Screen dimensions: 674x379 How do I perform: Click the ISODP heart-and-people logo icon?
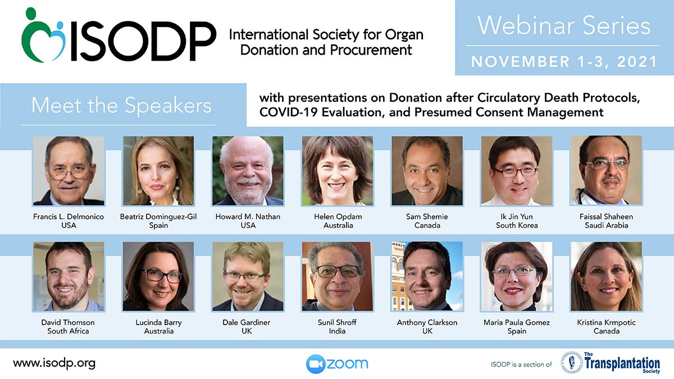44,35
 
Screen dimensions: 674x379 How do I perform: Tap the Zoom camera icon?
316,364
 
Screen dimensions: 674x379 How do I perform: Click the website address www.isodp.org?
54,363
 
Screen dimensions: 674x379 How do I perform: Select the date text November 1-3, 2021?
563,62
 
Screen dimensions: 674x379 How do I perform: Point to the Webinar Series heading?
563,26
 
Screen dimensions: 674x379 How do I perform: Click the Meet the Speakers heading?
121,106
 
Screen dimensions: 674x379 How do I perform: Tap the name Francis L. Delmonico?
69,217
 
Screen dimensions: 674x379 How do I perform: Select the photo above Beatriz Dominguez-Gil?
158,171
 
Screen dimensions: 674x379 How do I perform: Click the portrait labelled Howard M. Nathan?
248,171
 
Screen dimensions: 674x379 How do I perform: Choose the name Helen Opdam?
338,217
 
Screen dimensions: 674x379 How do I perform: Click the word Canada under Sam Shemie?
427,225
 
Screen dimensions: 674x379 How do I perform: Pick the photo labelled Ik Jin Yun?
517,171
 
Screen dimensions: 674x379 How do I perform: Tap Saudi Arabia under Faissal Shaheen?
606,225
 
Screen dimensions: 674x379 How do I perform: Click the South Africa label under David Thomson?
68,331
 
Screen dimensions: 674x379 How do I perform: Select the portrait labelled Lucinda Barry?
158,276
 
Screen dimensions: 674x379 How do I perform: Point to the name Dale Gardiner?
247,322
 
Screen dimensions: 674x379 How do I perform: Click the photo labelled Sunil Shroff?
338,276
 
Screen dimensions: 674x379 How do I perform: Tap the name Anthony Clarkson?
427,322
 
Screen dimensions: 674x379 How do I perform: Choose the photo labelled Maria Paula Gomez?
517,276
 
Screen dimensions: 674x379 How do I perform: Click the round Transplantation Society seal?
572,363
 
